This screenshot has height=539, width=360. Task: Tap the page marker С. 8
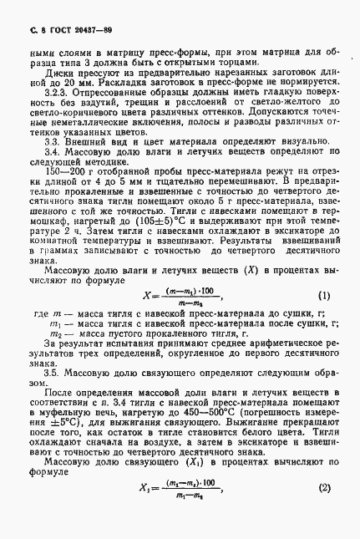(x=23, y=30)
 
